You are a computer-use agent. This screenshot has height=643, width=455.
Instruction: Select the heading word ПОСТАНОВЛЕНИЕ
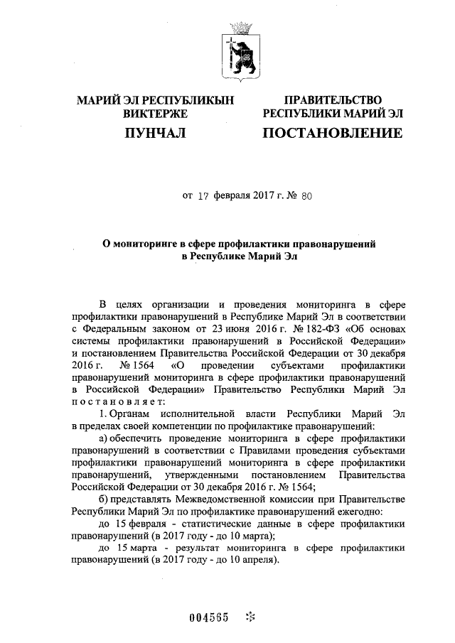[333, 133]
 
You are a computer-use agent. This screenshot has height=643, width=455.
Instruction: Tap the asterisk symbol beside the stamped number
[249, 617]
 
